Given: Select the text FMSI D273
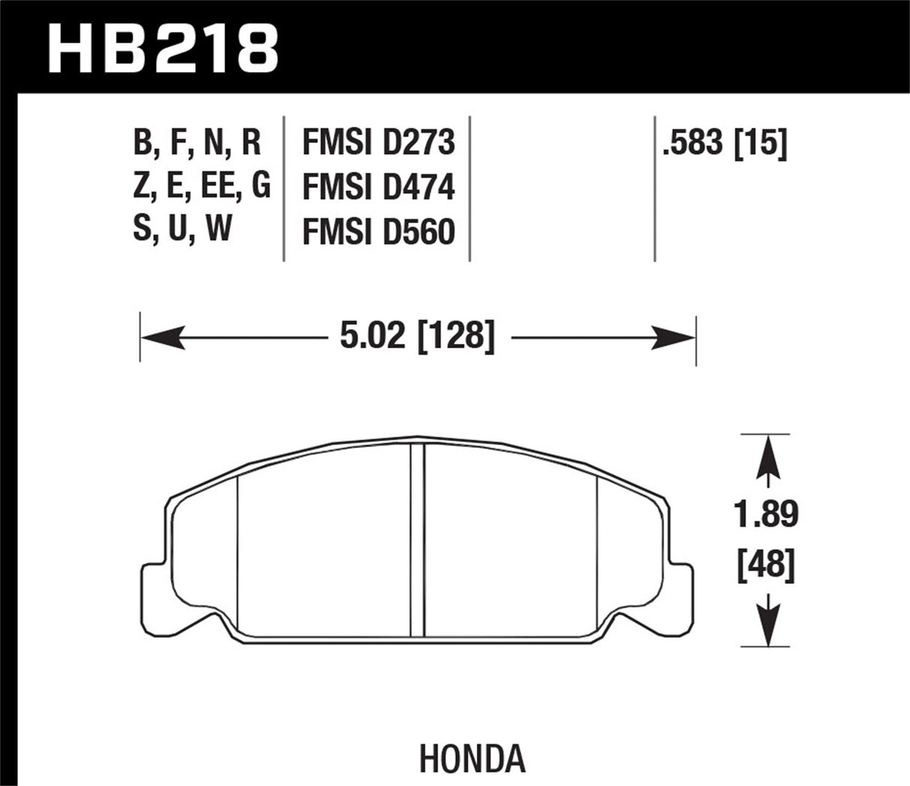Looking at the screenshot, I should [x=378, y=142].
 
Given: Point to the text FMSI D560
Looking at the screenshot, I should [x=378, y=232].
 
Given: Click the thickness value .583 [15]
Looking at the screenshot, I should [x=724, y=142].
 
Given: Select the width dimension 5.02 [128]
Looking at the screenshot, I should [x=418, y=337].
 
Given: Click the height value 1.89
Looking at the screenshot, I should [x=765, y=514].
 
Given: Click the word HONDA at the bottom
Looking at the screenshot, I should [x=472, y=759].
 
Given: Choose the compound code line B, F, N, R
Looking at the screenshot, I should [x=197, y=142].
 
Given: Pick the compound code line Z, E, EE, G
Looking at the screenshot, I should [x=201, y=186].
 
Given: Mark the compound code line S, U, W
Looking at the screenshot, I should [x=182, y=229].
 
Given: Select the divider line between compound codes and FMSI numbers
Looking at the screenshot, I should [x=284, y=187].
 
